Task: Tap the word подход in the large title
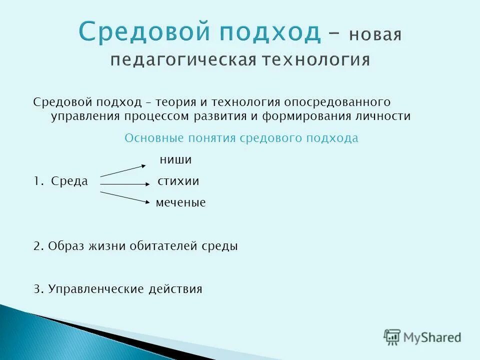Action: point(263,33)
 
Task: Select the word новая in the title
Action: point(375,35)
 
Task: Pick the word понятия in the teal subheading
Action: point(212,138)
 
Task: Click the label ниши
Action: point(175,160)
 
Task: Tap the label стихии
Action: point(178,181)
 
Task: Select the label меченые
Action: point(180,203)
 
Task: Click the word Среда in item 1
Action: point(69,181)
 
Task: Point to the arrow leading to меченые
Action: point(125,197)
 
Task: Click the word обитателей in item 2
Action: point(165,246)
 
